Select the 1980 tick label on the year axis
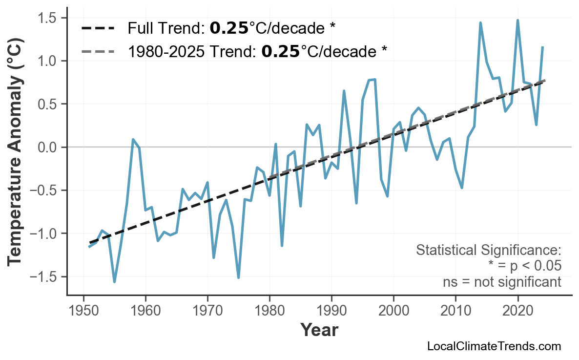269,311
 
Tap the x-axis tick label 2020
517,311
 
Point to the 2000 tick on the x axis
393,311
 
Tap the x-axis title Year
319,331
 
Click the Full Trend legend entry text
231,28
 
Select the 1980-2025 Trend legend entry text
257,50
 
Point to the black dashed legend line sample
98,28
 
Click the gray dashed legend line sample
98,50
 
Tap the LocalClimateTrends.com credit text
494,346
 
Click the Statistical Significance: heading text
489,251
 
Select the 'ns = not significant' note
502,282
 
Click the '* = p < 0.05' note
525,266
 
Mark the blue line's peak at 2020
517,21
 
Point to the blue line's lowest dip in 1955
115,282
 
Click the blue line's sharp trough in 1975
239,277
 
